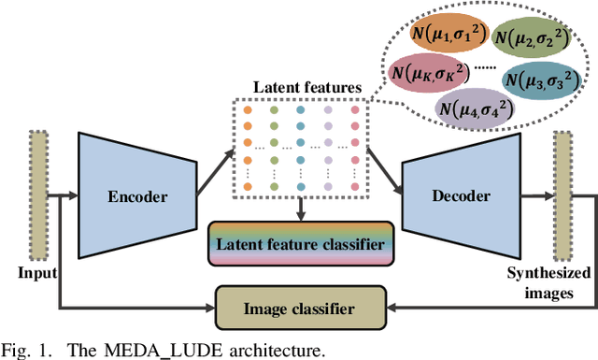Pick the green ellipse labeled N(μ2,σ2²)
pyautogui.click(x=543, y=41)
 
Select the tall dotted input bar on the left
pyautogui.click(x=37, y=195)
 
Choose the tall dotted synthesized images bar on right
pyautogui.click(x=562, y=195)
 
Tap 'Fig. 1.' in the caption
pyautogui.click(x=24, y=351)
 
